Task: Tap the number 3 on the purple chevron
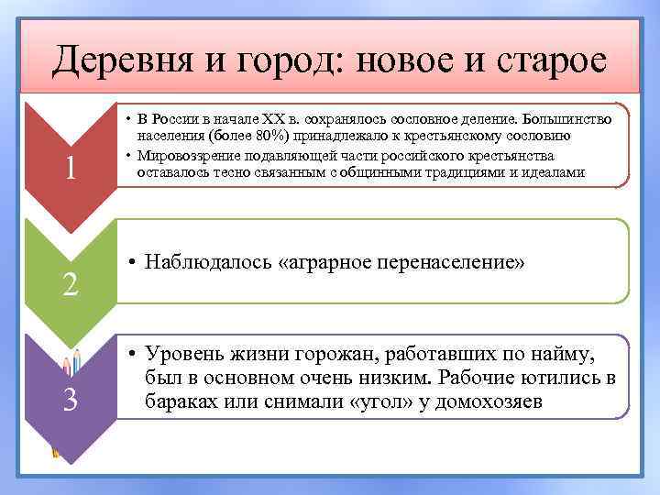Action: tap(70, 401)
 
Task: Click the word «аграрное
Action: tap(320, 264)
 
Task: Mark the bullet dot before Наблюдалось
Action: tap(133, 264)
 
